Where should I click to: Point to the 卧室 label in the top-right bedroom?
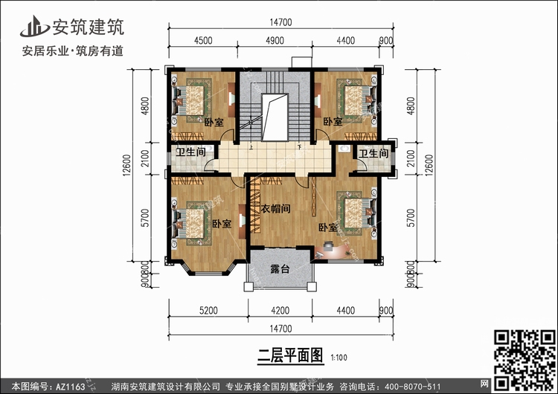(x=332, y=121)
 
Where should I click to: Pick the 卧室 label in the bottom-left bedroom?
(x=221, y=224)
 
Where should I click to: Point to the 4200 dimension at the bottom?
(x=279, y=311)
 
